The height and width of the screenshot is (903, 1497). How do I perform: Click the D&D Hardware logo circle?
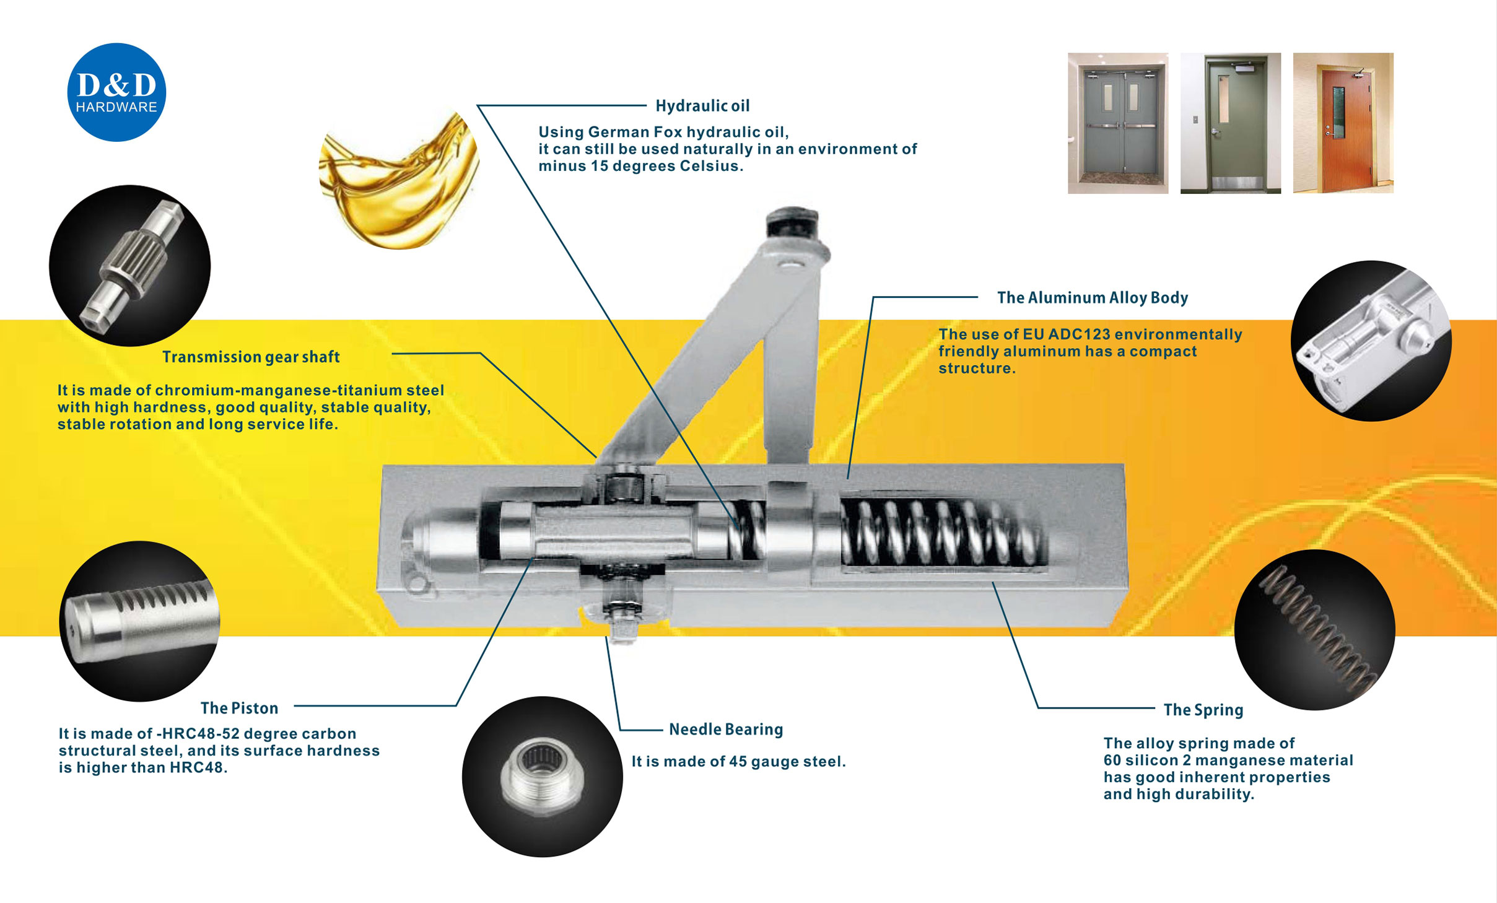[x=116, y=92]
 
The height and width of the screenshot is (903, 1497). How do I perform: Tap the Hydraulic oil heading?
[x=702, y=106]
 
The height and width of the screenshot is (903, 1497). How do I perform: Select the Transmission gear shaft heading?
[x=251, y=357]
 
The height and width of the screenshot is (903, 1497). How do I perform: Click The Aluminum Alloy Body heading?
[x=1092, y=298]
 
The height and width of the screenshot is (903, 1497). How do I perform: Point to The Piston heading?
[x=239, y=708]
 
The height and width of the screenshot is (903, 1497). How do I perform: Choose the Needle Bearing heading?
[x=726, y=730]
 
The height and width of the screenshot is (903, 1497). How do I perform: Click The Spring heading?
[x=1203, y=710]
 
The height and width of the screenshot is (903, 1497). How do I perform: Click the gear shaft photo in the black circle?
[x=129, y=266]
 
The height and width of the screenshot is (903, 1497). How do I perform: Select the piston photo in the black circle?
[x=140, y=621]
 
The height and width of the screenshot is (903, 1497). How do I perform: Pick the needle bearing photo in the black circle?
[x=542, y=777]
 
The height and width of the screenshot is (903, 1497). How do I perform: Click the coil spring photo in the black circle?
[x=1314, y=630]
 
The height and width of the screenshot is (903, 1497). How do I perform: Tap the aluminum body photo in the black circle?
[x=1371, y=341]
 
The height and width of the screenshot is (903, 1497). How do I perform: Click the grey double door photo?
[x=1118, y=123]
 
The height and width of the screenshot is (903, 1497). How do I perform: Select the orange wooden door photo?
[x=1343, y=123]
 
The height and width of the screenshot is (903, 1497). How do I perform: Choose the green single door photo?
[x=1230, y=123]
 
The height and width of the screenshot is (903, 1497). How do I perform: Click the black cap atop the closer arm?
[x=792, y=222]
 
